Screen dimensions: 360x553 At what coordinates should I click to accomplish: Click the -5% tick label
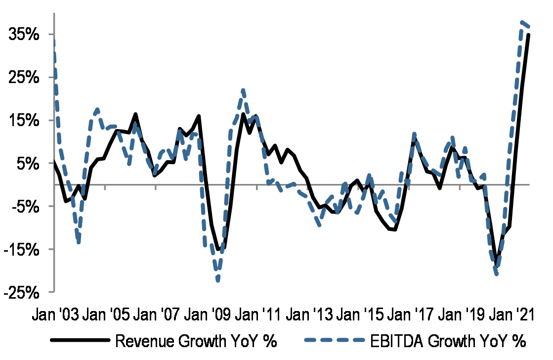(x=25, y=206)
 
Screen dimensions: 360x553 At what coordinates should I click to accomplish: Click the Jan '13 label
(x=313, y=315)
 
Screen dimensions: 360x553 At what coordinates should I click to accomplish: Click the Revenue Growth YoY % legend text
(x=195, y=341)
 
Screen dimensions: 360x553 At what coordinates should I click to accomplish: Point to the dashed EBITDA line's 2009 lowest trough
(x=217, y=280)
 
